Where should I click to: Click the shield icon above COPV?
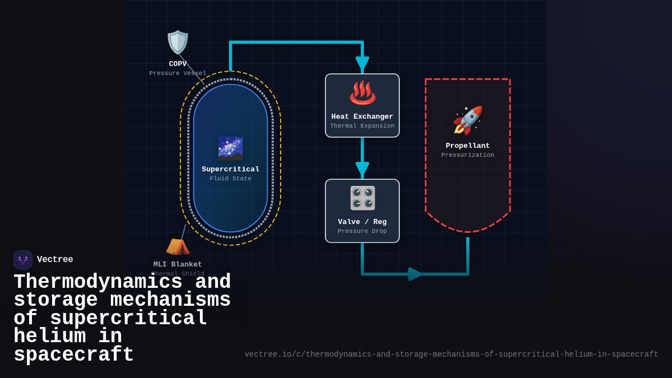point(178,43)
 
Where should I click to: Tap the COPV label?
point(178,64)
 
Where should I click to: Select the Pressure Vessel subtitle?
point(178,73)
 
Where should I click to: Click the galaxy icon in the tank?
point(230,148)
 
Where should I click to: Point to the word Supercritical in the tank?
point(230,169)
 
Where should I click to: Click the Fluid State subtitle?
point(230,179)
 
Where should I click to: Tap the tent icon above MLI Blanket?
point(178,246)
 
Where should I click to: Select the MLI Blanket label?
point(178,264)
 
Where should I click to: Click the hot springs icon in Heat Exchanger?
point(362,93)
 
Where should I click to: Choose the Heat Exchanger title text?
point(362,116)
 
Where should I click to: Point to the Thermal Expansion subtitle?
point(362,126)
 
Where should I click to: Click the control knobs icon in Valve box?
point(362,198)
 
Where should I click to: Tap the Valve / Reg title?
point(362,222)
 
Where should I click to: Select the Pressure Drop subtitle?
point(362,231)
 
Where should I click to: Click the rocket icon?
point(468,120)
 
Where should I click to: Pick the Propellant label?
point(468,146)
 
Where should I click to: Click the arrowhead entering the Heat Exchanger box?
point(362,64)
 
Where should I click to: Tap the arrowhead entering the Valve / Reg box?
point(362,170)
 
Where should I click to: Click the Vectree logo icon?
point(23,260)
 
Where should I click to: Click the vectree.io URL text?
point(451,354)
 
